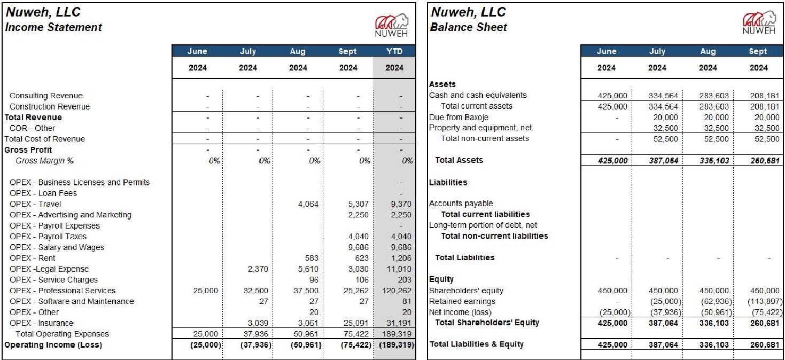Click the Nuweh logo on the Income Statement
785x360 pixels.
click(392, 25)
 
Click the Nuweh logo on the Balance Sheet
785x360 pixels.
click(758, 24)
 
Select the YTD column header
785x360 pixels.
click(394, 51)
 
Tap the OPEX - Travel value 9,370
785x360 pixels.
click(401, 204)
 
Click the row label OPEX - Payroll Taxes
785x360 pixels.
click(48, 237)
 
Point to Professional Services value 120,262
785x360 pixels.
click(398, 291)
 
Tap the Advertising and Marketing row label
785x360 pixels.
click(70, 215)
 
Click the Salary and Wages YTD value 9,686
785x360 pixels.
click(401, 247)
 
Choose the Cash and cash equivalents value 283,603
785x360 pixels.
click(714, 96)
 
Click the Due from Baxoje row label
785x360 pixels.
click(458, 117)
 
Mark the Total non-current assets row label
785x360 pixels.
click(485, 138)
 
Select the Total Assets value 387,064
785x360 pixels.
click(663, 160)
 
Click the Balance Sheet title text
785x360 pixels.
click(469, 27)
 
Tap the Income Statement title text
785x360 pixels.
click(53, 27)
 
